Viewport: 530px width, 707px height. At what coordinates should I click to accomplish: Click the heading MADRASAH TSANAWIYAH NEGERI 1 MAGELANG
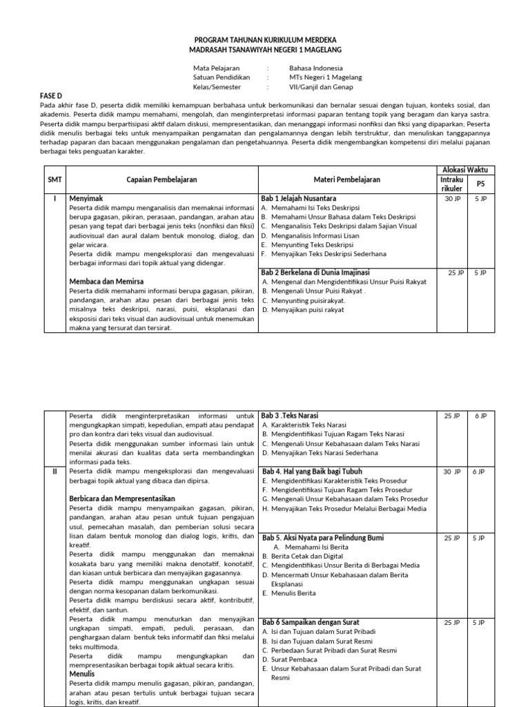pyautogui.click(x=265, y=50)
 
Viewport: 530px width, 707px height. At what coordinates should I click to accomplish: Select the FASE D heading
pyautogui.click(x=51, y=95)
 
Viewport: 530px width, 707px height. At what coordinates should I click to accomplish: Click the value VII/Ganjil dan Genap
pyautogui.click(x=321, y=87)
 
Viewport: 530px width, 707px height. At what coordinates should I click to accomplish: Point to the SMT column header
pyautogui.click(x=55, y=180)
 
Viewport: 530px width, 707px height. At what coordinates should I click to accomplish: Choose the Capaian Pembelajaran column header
pyautogui.click(x=162, y=180)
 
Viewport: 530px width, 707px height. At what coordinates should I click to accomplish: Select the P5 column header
pyautogui.click(x=481, y=184)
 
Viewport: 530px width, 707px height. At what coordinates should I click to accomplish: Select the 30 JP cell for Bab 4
pyautogui.click(x=452, y=472)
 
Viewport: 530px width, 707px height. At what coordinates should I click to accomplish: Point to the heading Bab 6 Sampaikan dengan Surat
pyautogui.click(x=311, y=622)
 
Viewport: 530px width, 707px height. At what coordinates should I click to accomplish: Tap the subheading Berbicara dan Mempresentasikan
pyautogui.click(x=122, y=498)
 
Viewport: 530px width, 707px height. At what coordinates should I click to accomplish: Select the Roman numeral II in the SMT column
pyautogui.click(x=55, y=472)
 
